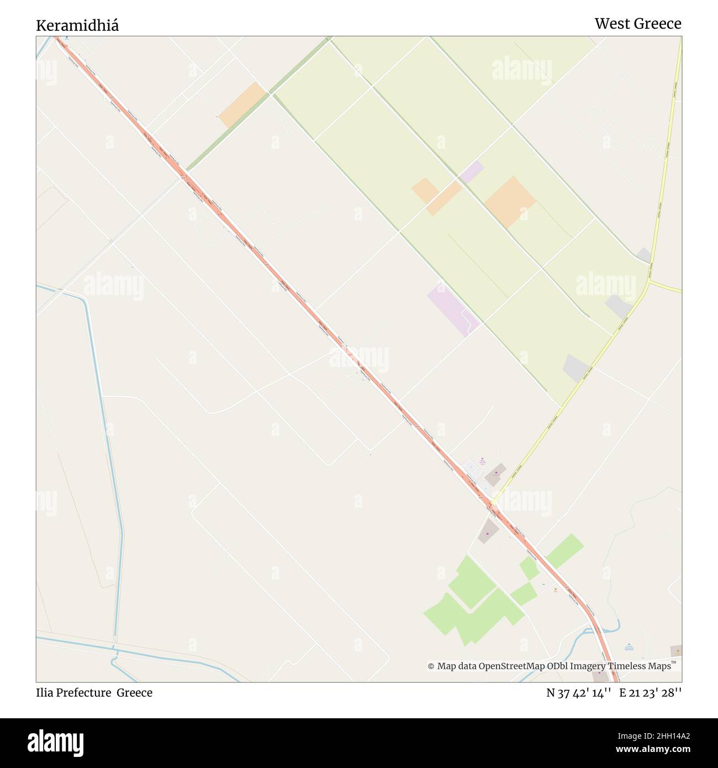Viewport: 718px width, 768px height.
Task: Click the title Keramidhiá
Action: [x=77, y=25]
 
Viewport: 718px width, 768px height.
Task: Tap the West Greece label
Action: [x=637, y=23]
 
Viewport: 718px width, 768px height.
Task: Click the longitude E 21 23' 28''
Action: [x=651, y=693]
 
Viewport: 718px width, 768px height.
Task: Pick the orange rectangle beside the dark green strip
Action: [x=242, y=105]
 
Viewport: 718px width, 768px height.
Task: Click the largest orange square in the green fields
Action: [x=510, y=202]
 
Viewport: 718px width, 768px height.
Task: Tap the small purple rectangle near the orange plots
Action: [x=471, y=172]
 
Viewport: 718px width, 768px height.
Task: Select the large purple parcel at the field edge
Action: [x=453, y=309]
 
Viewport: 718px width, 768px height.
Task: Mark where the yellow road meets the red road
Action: [x=492, y=503]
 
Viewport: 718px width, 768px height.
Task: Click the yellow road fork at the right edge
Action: [x=650, y=281]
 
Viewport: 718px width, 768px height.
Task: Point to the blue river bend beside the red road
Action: [x=610, y=629]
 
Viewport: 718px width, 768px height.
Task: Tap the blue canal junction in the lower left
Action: [x=115, y=649]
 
